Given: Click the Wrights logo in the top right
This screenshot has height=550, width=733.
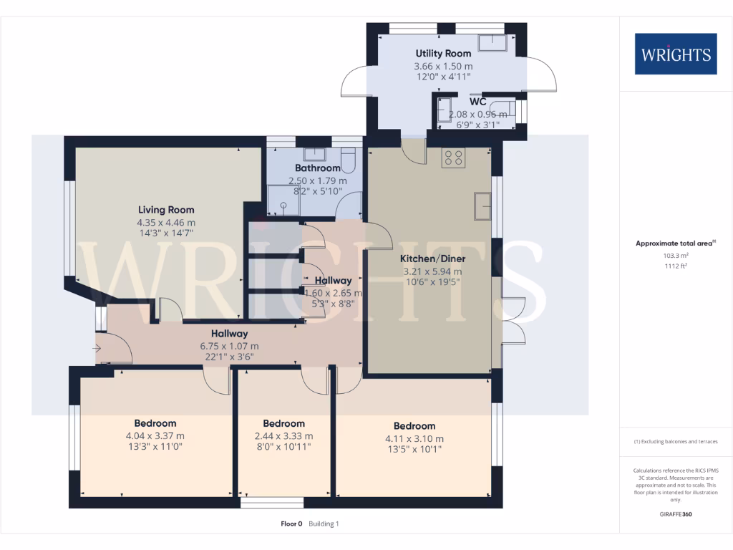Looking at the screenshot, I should (x=675, y=54).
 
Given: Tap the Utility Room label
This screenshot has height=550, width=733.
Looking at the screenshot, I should (x=444, y=53).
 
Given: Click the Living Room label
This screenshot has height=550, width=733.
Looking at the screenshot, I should (x=166, y=210).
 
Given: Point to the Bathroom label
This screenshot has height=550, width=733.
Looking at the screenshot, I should (x=317, y=168).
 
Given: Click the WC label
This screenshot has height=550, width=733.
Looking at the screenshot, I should (x=477, y=102).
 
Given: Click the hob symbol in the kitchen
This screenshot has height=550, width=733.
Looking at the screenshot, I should (x=453, y=158).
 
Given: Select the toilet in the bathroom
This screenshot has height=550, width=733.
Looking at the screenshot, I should (x=349, y=159).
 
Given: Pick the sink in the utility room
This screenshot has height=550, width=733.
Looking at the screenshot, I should (x=494, y=43).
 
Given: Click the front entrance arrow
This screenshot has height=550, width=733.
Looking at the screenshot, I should (x=97, y=349).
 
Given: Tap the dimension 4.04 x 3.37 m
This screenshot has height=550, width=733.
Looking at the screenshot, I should (x=155, y=436).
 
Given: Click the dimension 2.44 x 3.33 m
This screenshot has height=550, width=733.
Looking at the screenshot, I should (x=283, y=436).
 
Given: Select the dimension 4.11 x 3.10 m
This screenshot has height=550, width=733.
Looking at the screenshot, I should (x=414, y=439).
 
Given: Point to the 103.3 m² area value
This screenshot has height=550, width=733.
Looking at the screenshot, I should (x=675, y=255).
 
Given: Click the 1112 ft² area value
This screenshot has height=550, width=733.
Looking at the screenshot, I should (x=675, y=266).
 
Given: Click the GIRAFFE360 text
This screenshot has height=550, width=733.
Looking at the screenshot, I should (x=675, y=514).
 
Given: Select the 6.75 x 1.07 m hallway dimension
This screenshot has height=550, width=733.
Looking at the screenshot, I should (x=229, y=346).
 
